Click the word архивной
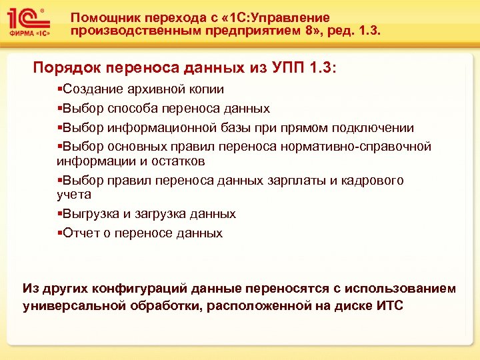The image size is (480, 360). coord(156,89)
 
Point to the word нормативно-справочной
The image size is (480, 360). coord(373,147)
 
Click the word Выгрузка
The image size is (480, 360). coord(89,214)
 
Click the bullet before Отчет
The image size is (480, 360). coord(59,233)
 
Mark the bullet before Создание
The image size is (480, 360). coord(59,89)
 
